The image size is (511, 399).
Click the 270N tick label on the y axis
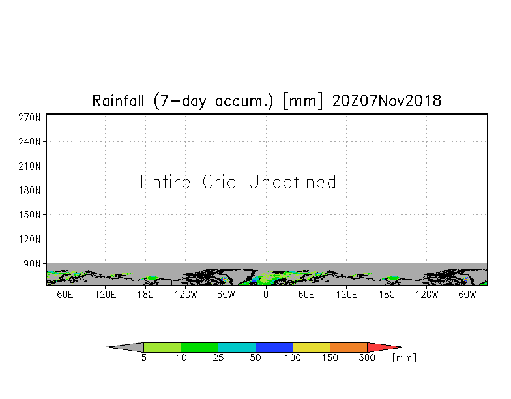pyautogui.click(x=29, y=117)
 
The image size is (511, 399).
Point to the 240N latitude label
pyautogui.click(x=29, y=142)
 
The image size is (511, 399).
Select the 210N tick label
pyautogui.click(x=29, y=166)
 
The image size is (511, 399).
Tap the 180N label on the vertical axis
pyautogui.click(x=29, y=190)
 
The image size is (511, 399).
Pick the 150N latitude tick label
pyautogui.click(x=29, y=215)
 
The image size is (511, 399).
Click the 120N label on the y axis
pyautogui.click(x=29, y=239)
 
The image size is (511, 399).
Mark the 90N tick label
pyautogui.click(x=32, y=263)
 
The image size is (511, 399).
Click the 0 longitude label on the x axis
pyautogui.click(x=266, y=295)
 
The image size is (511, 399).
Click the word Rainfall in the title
pyautogui.click(x=118, y=100)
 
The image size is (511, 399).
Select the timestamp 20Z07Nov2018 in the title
pyautogui.click(x=387, y=100)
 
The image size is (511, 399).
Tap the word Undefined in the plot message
pyautogui.click(x=292, y=182)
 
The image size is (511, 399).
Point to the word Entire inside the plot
pyautogui.click(x=166, y=182)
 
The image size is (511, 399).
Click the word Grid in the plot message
pyautogui.click(x=219, y=182)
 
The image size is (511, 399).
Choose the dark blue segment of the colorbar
pyautogui.click(x=274, y=347)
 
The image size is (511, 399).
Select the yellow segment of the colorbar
pyautogui.click(x=312, y=347)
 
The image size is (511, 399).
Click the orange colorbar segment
pyautogui.click(x=349, y=347)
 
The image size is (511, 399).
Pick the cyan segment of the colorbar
pyautogui.click(x=237, y=347)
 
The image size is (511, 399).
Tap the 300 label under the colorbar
pyautogui.click(x=367, y=357)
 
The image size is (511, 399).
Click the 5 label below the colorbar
pyautogui.click(x=143, y=357)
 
